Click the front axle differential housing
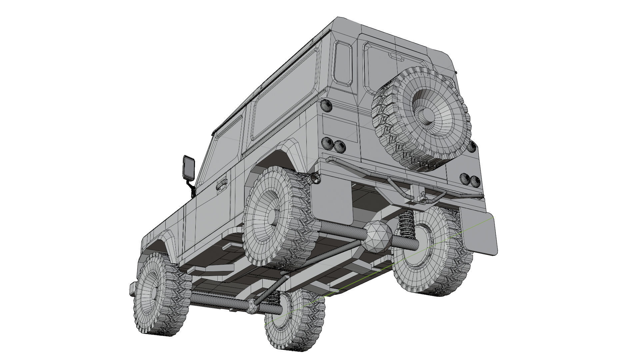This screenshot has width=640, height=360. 252,306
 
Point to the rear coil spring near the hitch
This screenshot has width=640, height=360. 406,224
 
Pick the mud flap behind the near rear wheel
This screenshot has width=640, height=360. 332,202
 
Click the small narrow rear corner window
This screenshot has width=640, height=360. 343,62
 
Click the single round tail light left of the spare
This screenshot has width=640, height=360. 326,106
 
